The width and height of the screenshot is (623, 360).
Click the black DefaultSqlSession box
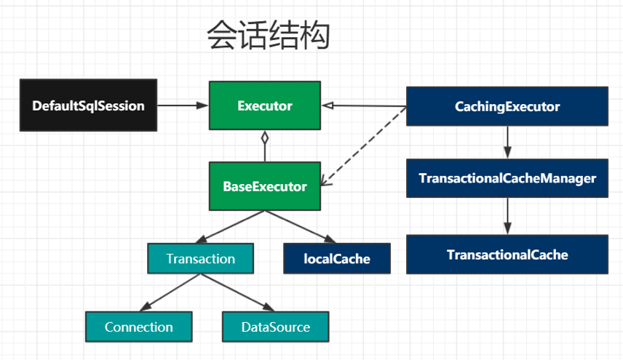click(88, 105)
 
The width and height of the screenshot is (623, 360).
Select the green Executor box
click(265, 105)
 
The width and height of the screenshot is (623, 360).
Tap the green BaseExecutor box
click(265, 187)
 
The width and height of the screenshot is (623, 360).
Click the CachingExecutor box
click(507, 107)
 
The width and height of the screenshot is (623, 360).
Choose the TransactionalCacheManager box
click(507, 178)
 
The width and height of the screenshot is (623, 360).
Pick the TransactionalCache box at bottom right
click(507, 255)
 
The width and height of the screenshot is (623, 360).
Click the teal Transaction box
click(200, 259)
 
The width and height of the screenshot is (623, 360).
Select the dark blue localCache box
click(336, 259)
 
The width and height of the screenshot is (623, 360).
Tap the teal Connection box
click(138, 327)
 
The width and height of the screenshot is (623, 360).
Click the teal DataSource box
click(275, 327)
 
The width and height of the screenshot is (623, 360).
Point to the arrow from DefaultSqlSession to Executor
click(183, 105)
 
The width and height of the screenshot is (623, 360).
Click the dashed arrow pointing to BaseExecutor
click(364, 145)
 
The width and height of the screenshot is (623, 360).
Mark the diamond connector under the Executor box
click(266, 137)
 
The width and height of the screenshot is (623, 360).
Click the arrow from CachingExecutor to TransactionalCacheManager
click(507, 143)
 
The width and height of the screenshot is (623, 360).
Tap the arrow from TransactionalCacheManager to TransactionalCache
click(507, 215)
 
